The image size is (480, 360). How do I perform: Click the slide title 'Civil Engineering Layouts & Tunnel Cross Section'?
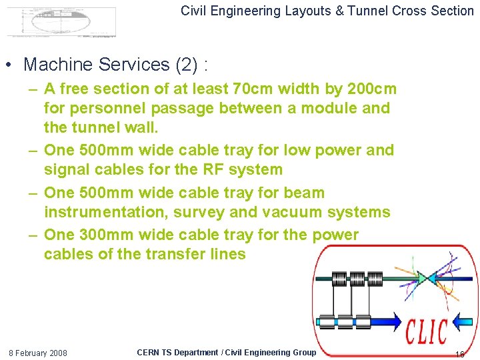coord(327,11)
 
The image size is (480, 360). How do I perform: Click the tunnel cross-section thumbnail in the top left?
coord(61,22)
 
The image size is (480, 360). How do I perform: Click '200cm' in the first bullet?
coord(371,89)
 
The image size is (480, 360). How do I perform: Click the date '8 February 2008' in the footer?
coord(37,353)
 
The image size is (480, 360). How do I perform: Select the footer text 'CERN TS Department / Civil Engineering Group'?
coord(226,352)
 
